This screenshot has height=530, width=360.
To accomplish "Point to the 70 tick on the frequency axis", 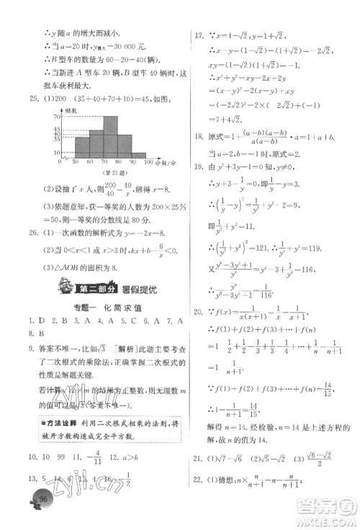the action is click(55, 116).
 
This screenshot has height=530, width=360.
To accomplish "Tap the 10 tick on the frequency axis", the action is click(55, 151).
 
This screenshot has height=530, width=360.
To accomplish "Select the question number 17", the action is click(197, 33).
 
